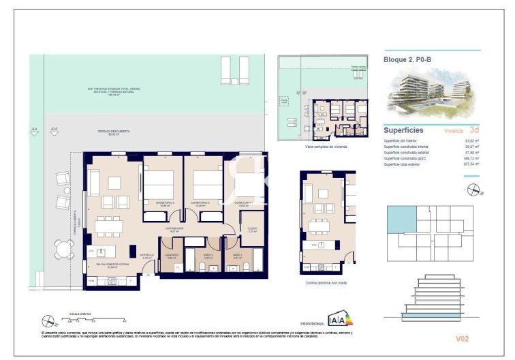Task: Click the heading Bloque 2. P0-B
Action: [408, 59]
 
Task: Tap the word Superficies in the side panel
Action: [404, 130]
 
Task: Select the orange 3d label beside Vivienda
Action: [474, 130]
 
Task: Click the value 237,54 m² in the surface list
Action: [471, 164]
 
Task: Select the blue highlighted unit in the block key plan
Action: [399, 222]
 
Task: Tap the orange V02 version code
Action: [463, 337]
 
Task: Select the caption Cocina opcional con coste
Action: [326, 282]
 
